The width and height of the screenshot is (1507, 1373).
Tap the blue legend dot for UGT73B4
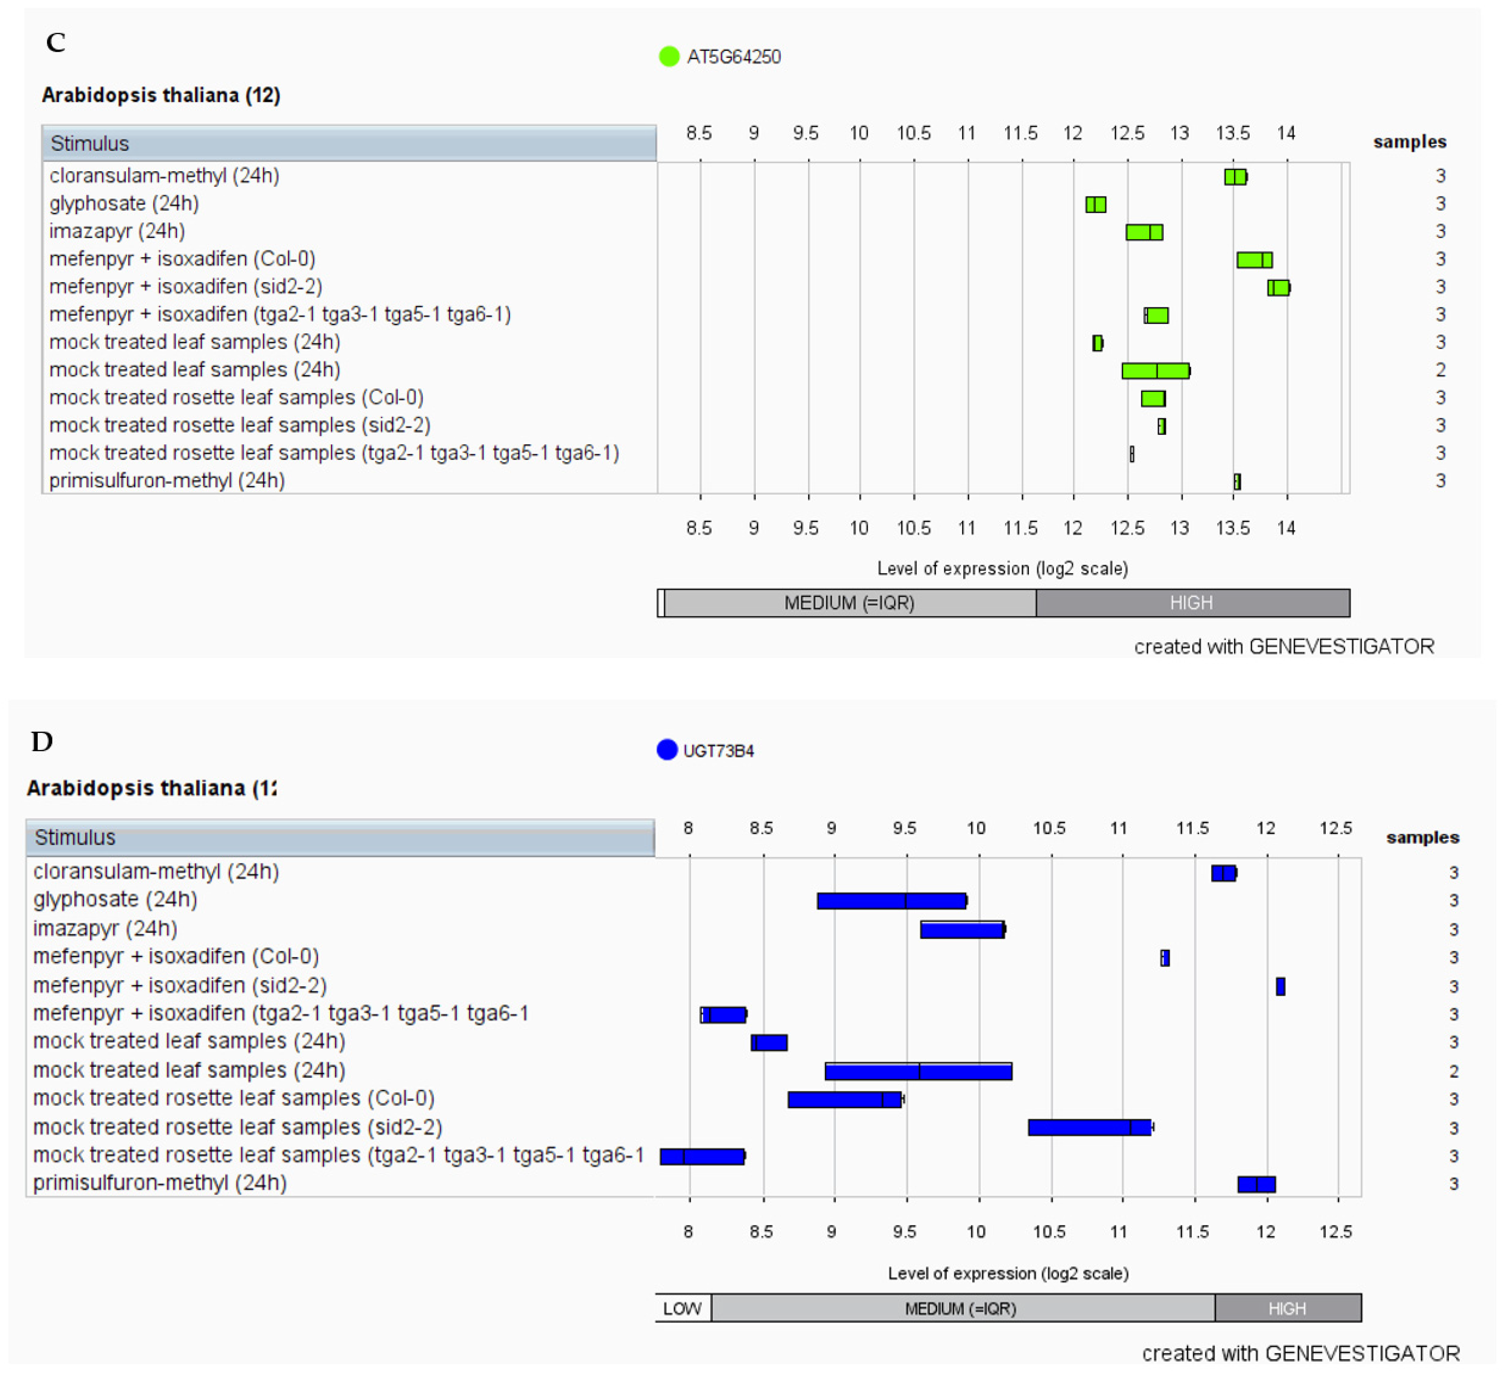(667, 750)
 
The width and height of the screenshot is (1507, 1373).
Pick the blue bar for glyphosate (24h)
(892, 901)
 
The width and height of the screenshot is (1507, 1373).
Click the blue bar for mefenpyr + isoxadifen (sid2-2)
(1280, 986)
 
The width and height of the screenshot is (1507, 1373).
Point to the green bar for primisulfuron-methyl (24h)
(1237, 481)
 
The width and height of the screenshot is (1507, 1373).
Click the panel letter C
(55, 43)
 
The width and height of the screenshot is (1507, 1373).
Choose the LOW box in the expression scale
(682, 1308)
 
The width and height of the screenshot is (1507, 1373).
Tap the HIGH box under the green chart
(1192, 603)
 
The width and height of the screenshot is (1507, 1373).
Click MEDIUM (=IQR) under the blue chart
(961, 1308)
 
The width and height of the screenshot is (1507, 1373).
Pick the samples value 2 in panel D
(1453, 1071)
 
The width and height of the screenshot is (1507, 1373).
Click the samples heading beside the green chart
(1409, 142)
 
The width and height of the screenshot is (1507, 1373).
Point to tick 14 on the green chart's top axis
(1286, 133)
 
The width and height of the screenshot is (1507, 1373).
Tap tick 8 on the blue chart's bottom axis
(688, 1231)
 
